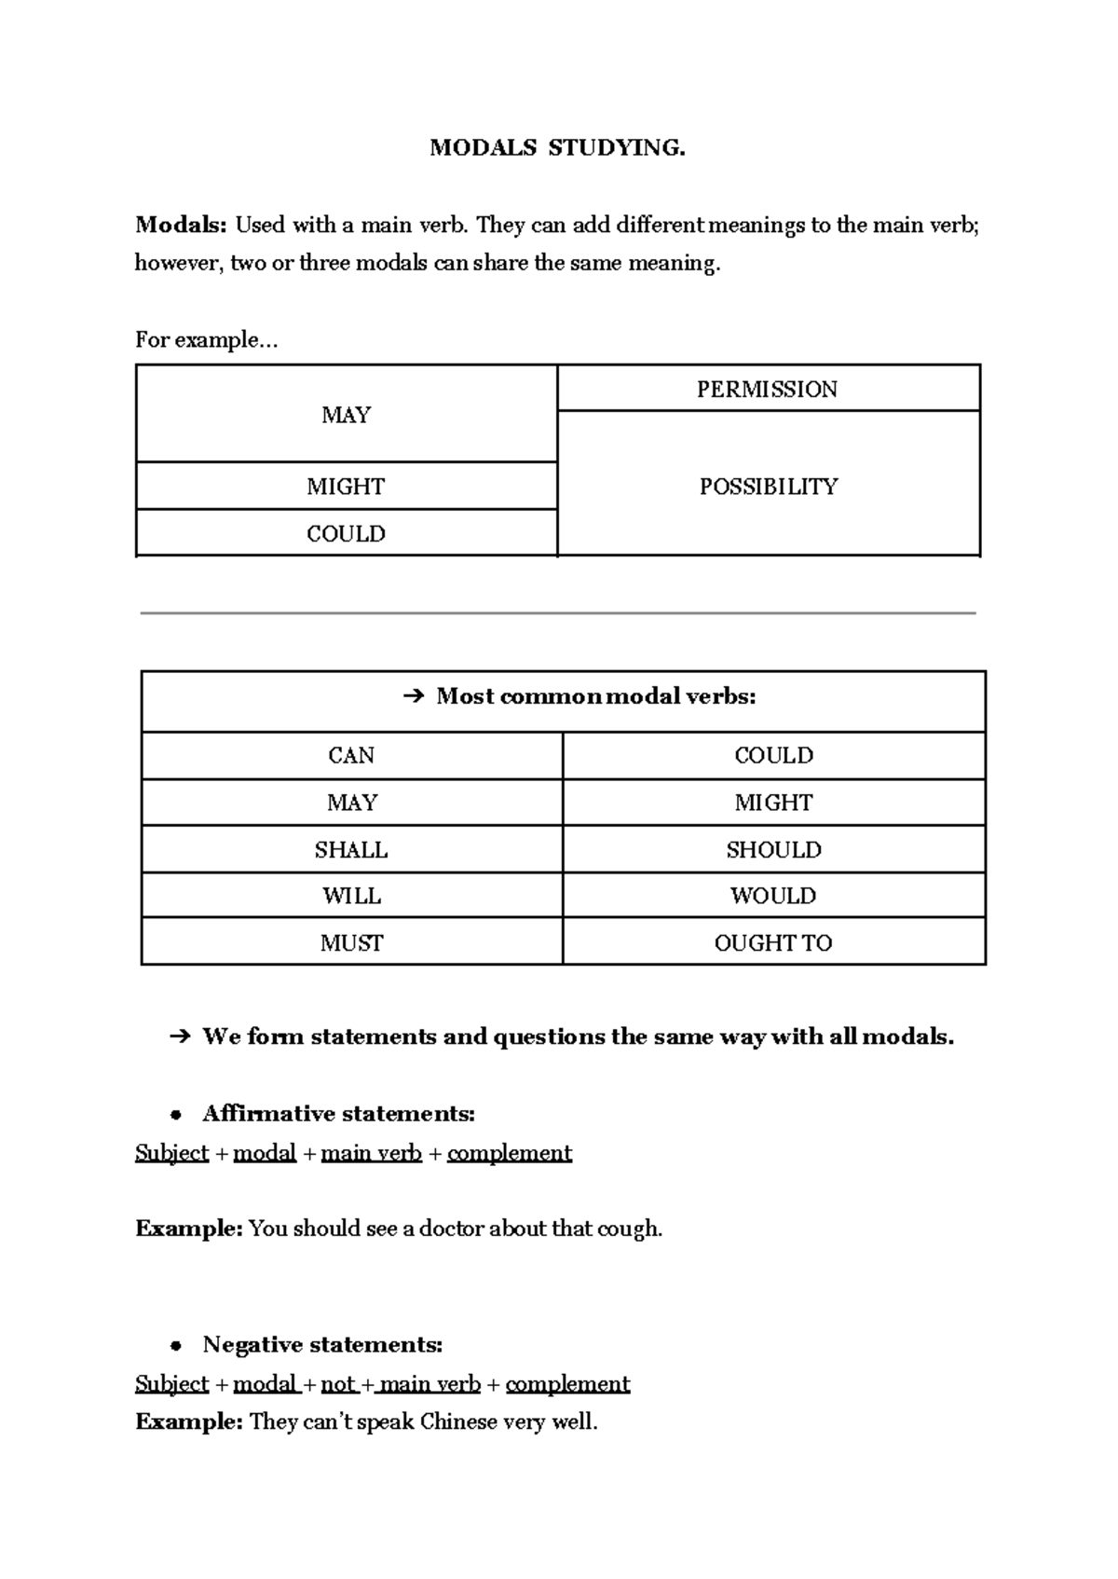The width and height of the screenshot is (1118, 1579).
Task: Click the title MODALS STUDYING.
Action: coord(557,148)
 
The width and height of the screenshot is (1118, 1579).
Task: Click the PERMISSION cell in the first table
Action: coord(767,390)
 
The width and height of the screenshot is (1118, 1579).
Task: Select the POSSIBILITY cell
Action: coord(769,487)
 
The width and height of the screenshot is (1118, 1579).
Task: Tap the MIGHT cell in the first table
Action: coord(346,487)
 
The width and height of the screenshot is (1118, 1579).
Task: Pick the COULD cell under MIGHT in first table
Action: coord(346,534)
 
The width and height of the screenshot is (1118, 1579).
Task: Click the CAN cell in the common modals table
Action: coord(351,756)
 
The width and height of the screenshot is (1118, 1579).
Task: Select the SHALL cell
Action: coord(351,850)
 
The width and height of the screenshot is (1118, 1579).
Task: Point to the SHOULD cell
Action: coord(773,850)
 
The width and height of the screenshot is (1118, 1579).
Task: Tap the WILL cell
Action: coord(351,896)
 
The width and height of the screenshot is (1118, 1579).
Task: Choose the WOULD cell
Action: coord(773,896)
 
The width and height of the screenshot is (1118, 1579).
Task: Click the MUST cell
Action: coord(351,943)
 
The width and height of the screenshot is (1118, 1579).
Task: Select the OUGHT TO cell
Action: coord(773,943)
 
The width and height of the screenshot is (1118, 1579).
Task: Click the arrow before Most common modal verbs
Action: coord(414,696)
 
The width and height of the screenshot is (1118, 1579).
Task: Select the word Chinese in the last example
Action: coord(457,1422)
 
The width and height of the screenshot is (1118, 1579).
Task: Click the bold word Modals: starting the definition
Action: coord(181,225)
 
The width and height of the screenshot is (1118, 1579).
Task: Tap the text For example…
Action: coord(206,340)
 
